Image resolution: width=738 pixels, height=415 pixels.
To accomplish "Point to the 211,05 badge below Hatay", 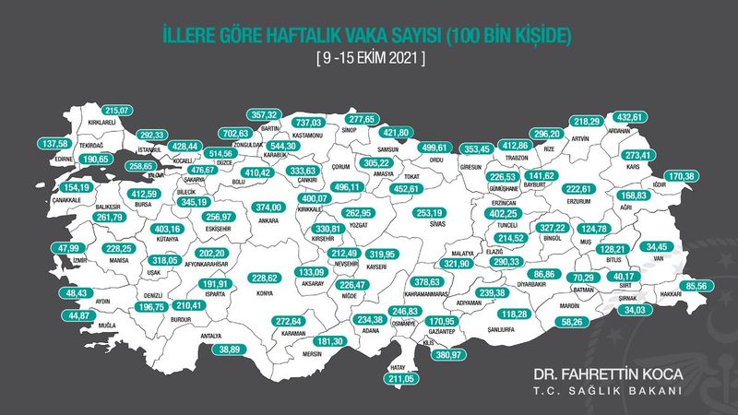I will point(400,377).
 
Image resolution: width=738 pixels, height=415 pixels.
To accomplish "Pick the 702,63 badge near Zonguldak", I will point(241,134).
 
